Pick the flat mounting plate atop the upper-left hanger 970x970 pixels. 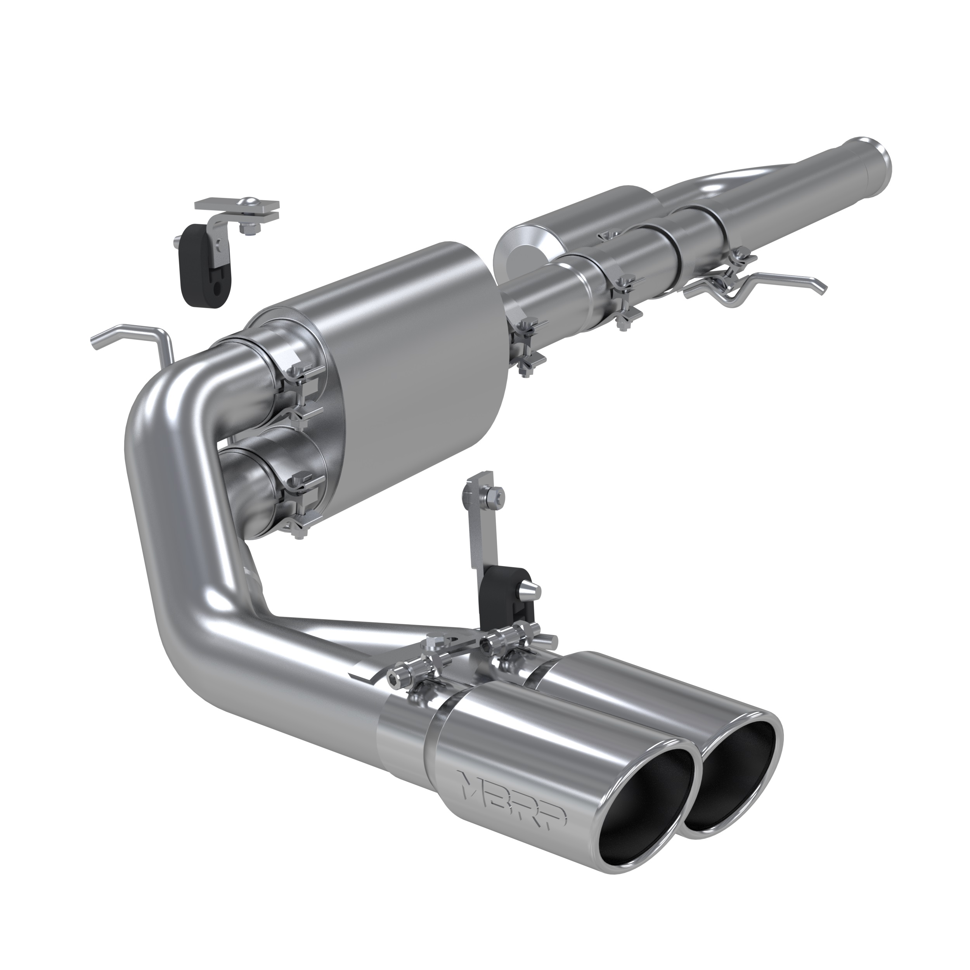tap(236, 206)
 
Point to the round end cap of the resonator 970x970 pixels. tap(517, 251)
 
